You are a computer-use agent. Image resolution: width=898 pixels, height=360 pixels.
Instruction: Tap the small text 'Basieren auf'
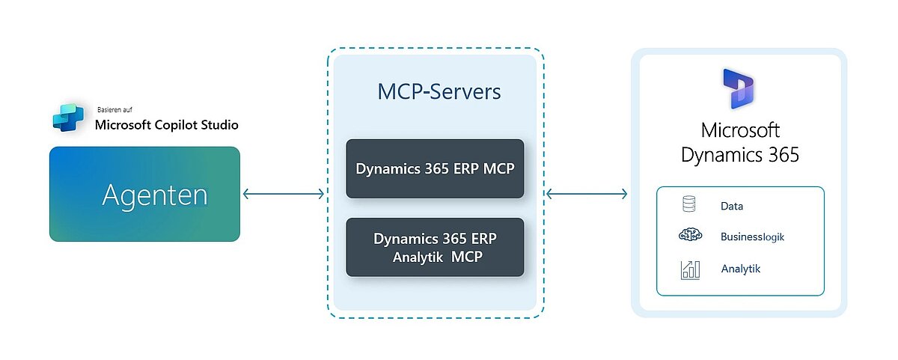pos(115,109)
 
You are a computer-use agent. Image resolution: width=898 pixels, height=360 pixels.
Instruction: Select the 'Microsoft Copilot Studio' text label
pos(167,124)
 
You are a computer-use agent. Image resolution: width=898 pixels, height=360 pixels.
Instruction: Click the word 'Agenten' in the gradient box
pos(155,195)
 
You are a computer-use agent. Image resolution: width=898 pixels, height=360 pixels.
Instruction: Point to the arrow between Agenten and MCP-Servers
pos(284,195)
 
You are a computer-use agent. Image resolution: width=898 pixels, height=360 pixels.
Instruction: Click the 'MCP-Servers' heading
pos(439,92)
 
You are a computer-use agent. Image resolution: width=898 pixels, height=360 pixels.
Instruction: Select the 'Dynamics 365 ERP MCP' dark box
pos(435,168)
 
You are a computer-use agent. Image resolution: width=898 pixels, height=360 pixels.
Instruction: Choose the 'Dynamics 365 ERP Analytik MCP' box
pos(435,248)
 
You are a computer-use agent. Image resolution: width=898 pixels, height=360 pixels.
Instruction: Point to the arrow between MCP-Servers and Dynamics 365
pos(587,195)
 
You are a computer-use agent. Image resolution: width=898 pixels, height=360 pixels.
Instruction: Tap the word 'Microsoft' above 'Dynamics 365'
pos(740,130)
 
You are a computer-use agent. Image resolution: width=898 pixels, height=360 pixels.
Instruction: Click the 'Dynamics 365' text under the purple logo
pos(740,155)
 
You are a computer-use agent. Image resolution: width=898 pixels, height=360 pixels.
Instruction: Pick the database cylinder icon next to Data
pos(689,204)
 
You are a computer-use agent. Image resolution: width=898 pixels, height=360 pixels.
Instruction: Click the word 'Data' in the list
pos(732,206)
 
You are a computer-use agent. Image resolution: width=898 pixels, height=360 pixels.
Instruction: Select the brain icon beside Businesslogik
pos(690,236)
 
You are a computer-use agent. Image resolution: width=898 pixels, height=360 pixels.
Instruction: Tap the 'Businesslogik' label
pos(752,237)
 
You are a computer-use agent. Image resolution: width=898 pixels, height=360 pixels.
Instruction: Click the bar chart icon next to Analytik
pos(690,269)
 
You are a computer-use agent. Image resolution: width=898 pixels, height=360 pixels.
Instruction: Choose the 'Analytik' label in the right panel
pos(740,269)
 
